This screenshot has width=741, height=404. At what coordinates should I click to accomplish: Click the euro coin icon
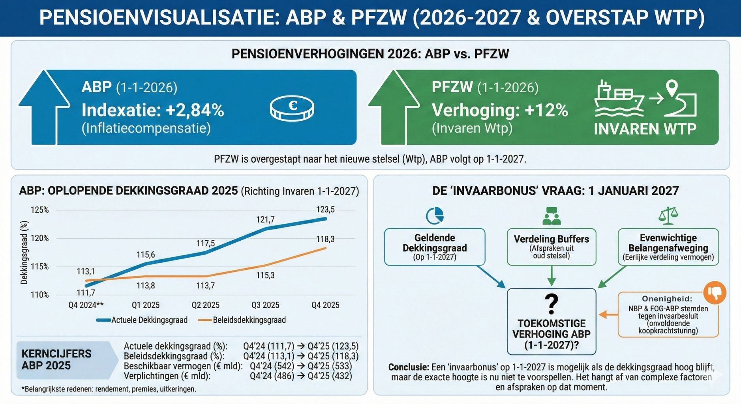coord(292,108)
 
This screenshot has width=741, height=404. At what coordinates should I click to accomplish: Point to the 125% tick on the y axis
coord(39,210)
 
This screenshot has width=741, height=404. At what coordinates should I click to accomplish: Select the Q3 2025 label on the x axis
coord(265,305)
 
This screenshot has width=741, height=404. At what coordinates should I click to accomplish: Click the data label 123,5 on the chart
coord(325,209)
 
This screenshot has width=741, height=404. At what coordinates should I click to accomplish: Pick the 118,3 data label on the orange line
coord(325,239)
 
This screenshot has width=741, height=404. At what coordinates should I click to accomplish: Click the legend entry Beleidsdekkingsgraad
coord(249,320)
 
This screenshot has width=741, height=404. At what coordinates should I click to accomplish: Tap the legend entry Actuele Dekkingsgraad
coord(149,320)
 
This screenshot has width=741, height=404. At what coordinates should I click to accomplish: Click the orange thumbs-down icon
coord(715,292)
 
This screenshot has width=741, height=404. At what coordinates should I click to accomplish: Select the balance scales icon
coord(668,216)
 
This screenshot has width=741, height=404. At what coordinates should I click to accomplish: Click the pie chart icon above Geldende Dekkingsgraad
coord(435,216)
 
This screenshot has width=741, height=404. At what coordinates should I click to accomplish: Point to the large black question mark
coord(551,303)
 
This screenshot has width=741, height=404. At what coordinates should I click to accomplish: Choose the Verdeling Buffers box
coord(551,247)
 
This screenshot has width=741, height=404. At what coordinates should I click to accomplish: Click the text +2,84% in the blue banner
coord(195,110)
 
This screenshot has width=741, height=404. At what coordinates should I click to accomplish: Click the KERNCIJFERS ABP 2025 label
coord(56,359)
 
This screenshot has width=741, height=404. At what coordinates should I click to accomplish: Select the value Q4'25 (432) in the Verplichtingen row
coord(330,376)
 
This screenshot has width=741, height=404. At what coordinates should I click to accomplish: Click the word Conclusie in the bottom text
coord(408,367)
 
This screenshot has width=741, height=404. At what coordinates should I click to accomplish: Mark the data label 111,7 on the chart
coord(86,293)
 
